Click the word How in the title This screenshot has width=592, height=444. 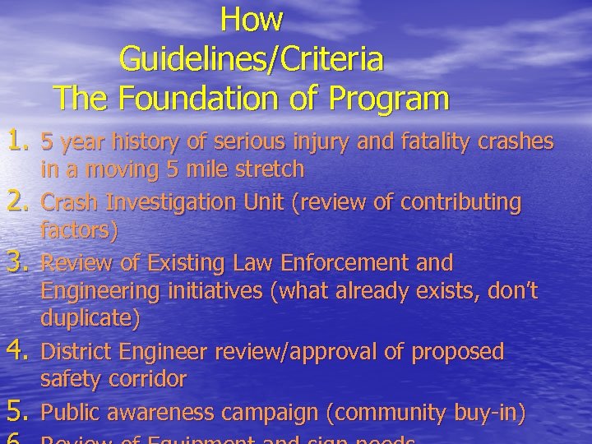click(x=252, y=19)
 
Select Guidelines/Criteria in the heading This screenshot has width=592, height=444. click(x=252, y=58)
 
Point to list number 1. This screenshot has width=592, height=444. click(x=18, y=141)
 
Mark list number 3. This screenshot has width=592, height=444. click(x=18, y=263)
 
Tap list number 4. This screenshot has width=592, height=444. click(x=18, y=352)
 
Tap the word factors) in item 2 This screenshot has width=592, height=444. click(x=80, y=231)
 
